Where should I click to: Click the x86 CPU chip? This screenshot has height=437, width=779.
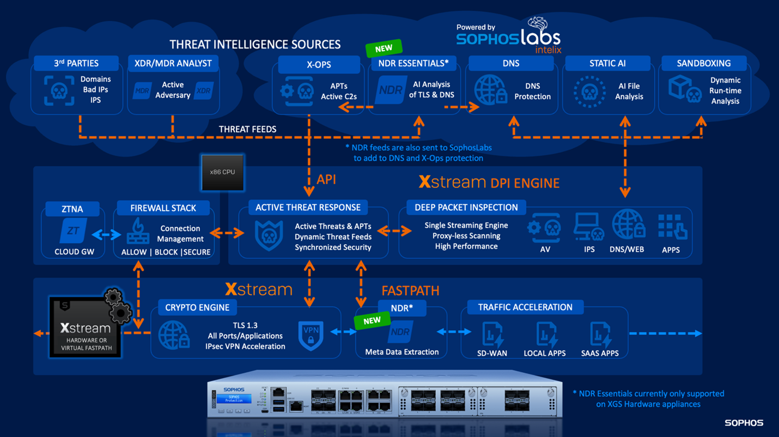222,172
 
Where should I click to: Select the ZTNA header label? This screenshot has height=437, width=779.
72,209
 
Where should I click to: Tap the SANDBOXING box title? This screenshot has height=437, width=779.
704,63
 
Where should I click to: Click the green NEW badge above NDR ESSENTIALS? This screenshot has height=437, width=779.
384,48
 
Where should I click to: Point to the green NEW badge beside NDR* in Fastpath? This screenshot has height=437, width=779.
372,320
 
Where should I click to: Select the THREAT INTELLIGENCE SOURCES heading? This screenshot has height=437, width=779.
254,44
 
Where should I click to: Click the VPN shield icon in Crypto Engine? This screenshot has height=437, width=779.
311,335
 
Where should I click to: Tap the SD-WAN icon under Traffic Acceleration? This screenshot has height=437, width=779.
492,334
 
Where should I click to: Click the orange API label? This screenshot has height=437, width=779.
326,179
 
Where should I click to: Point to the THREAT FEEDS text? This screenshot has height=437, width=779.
247,129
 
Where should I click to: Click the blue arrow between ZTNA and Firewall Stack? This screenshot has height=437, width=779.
107,234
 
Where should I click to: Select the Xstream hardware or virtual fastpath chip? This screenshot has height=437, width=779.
86,327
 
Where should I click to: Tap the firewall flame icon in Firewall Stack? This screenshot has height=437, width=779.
137,232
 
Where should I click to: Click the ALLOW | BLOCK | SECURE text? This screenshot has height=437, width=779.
166,252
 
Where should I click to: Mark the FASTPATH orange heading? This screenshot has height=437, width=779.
410,290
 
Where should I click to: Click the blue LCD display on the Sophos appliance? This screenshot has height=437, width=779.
234,399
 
